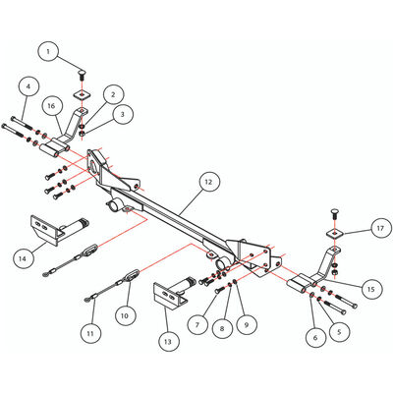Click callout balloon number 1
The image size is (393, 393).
[48, 52]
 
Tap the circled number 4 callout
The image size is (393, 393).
[28, 86]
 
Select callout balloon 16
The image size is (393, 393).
[51, 106]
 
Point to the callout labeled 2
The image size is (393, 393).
[113, 94]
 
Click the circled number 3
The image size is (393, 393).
[122, 114]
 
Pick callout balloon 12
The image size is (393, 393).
[208, 182]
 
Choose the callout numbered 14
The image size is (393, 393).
[23, 258]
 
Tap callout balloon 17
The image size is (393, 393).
[380, 228]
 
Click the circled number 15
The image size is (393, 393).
[370, 289]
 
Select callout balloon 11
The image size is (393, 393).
[90, 333]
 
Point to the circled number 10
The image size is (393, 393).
[125, 315]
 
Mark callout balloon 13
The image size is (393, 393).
[168, 342]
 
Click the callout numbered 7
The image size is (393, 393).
[197, 325]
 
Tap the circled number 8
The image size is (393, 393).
[222, 328]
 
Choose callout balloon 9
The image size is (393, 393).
[247, 324]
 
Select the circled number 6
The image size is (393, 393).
[315, 337]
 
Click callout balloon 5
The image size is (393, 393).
[339, 332]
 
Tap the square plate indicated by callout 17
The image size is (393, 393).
[335, 234]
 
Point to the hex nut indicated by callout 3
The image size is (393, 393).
[84, 133]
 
